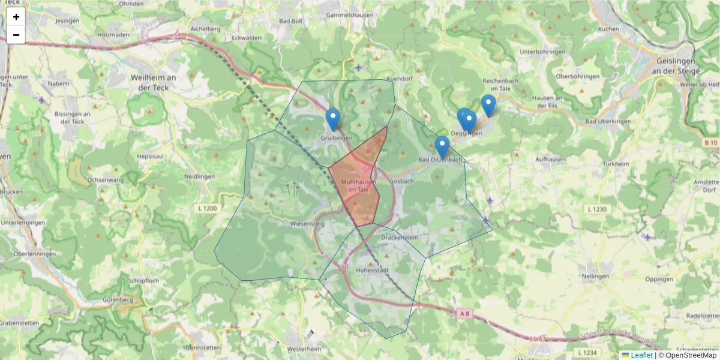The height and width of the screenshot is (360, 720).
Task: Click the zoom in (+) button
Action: tap(16, 17)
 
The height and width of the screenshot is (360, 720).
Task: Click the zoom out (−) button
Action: tap(16, 35)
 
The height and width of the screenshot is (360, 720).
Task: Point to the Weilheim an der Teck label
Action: tap(153, 82)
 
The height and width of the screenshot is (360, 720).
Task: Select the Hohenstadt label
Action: tap(373, 271)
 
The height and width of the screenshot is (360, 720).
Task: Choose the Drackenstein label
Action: tap(400, 238)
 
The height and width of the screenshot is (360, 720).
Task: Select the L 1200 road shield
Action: tap(206, 208)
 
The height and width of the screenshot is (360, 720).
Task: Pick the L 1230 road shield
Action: tap(598, 209)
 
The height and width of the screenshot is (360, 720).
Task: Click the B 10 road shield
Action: tap(711, 143)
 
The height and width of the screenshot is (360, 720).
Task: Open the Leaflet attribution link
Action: tap(641, 355)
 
